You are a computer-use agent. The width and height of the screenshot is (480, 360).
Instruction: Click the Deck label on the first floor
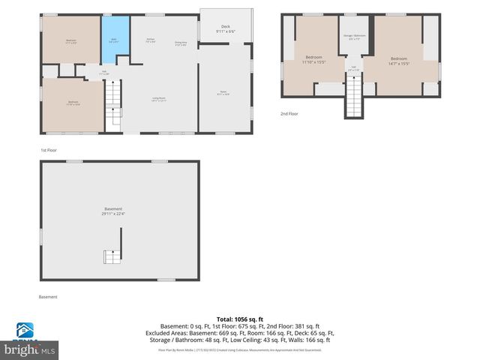point(225,28)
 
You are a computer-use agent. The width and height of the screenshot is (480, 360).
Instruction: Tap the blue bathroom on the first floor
point(114,40)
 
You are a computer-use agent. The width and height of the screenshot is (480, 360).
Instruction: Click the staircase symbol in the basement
point(112,256)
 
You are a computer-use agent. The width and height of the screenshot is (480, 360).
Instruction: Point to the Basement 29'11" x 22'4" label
point(112,211)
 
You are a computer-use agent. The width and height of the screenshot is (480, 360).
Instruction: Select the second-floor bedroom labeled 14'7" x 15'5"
point(398,61)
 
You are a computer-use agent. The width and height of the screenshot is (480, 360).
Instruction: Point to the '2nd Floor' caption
point(289,114)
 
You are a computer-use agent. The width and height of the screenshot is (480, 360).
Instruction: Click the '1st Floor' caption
point(49,150)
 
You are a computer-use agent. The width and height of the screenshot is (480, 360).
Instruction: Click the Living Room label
point(159,98)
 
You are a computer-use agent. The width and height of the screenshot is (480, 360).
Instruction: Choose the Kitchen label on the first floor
point(151,40)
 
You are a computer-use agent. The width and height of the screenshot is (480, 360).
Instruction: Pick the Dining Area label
point(181,43)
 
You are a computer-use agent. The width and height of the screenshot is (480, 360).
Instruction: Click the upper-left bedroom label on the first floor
point(71,40)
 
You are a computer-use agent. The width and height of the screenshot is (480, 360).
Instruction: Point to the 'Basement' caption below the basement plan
point(48,296)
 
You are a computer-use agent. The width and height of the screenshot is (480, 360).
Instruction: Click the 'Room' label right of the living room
point(222,93)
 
